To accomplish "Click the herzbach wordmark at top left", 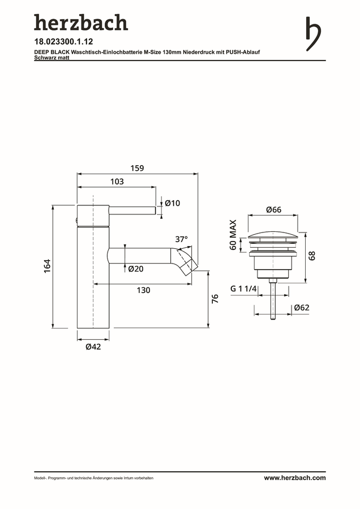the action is [81, 23].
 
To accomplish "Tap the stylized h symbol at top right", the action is [313, 34].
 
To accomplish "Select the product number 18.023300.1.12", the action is [64, 41].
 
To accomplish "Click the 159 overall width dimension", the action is [137, 168].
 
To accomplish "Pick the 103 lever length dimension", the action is [117, 182].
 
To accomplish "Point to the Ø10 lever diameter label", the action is [172, 203].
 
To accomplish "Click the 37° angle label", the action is [181, 239].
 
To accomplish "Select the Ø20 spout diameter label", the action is [136, 269].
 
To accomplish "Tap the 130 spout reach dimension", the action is [143, 290].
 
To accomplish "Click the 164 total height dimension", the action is [48, 266].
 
